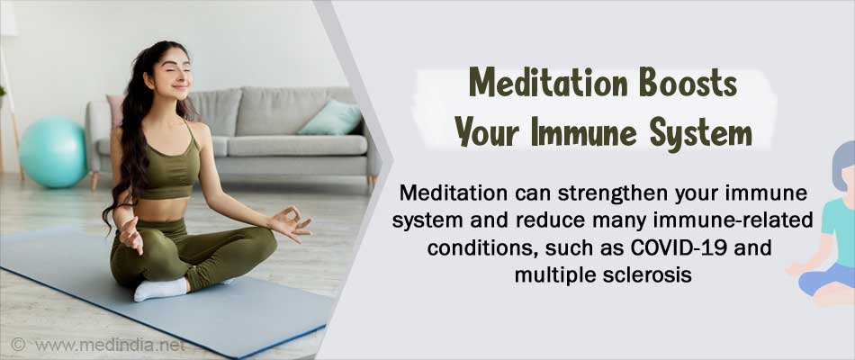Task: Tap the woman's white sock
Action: (161, 289)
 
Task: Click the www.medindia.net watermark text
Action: (110, 345)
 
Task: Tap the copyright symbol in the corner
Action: (18, 344)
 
